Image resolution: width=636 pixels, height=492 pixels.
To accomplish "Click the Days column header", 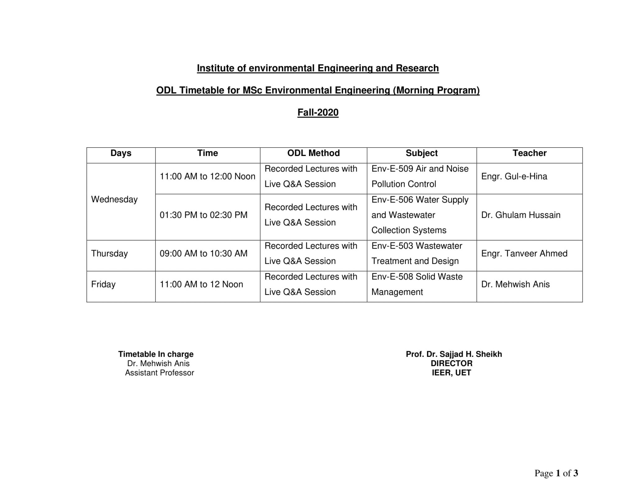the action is click(121, 153).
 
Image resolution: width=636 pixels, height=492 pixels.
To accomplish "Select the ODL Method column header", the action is click(313, 153).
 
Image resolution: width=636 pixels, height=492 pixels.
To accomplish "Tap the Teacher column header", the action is click(529, 153).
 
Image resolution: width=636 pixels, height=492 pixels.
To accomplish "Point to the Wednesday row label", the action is click(114, 200).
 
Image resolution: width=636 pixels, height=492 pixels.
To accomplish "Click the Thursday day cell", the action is click(109, 254).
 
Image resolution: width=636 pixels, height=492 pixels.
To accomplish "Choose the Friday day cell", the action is click(103, 284).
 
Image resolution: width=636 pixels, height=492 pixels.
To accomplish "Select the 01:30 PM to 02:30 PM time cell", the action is click(203, 215).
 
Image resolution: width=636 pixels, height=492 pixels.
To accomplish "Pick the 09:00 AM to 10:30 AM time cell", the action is click(203, 254).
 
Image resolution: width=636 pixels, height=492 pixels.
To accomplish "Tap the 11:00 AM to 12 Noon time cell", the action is click(201, 284).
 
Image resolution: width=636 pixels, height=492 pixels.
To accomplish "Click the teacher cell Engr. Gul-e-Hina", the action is click(514, 177).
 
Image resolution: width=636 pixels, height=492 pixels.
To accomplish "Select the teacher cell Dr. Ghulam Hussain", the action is click(521, 215).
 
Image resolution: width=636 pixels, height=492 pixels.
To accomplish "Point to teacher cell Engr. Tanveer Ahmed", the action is click(524, 254).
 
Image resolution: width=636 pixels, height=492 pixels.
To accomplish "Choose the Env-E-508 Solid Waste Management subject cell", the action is click(417, 284).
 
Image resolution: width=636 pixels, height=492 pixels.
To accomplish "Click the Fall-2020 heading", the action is click(318, 113).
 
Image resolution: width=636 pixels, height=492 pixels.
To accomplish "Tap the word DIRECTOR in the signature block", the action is click(452, 363).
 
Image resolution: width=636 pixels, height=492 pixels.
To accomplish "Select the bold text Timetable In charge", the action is click(156, 354).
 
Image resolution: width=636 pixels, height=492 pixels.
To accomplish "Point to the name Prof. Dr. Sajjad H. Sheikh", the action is click(454, 354).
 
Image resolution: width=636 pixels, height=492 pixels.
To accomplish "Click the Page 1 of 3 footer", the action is click(556, 473).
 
